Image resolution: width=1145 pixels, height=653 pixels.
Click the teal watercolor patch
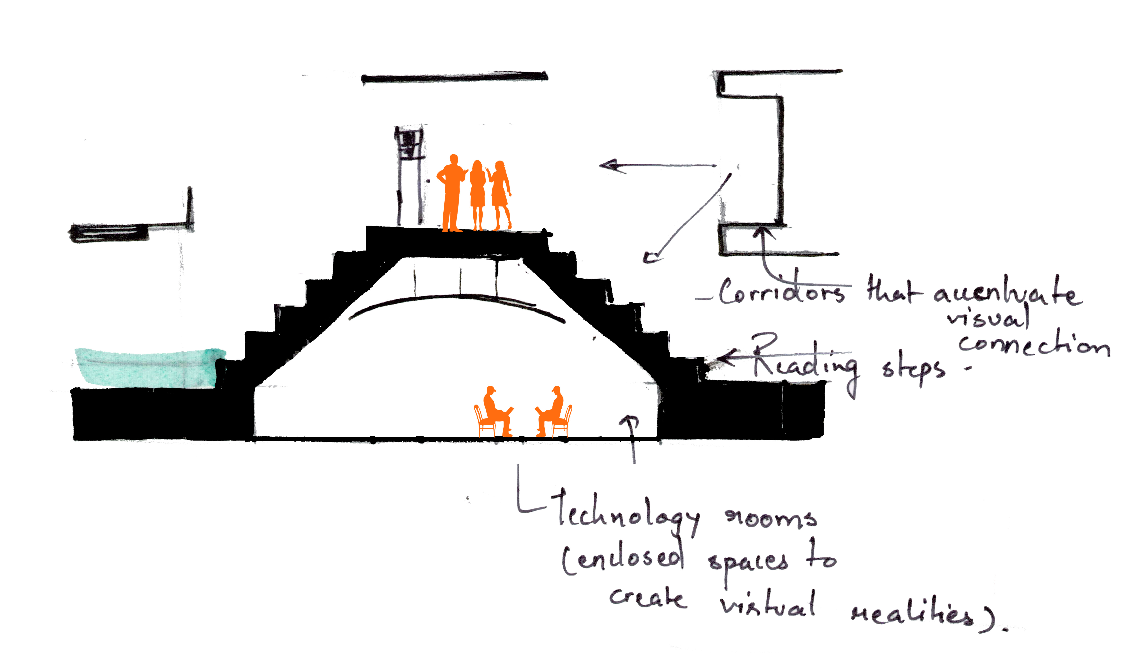pos(148,368)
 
